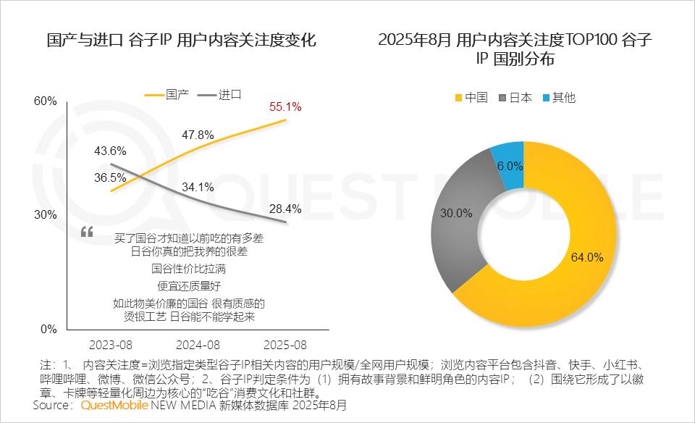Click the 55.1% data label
pos(285,106)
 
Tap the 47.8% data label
pos(198,135)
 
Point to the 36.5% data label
pos(110,177)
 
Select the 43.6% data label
pos(110,151)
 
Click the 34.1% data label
pos(198,187)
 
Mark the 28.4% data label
pos(285,209)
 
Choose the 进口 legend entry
pos(229,94)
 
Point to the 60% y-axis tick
pos(46,101)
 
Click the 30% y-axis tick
pos(46,215)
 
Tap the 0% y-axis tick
pos(49,329)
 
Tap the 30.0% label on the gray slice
pos(456,214)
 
